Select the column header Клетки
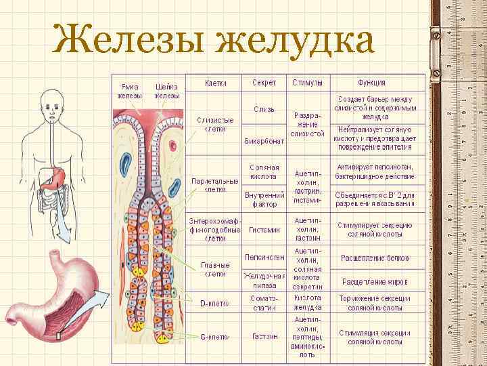[x=216, y=83]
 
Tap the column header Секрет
[x=264, y=83]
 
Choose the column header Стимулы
[x=307, y=83]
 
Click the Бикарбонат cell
[x=264, y=142]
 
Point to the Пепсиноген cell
[x=264, y=258]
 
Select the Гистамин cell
[x=264, y=230]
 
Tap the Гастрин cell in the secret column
[x=264, y=336]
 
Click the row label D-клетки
[x=216, y=302]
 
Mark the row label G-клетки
[x=216, y=336]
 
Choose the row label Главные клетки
[x=216, y=269]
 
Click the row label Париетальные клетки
[x=216, y=185]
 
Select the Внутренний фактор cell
[x=264, y=199]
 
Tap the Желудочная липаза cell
[x=264, y=281]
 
